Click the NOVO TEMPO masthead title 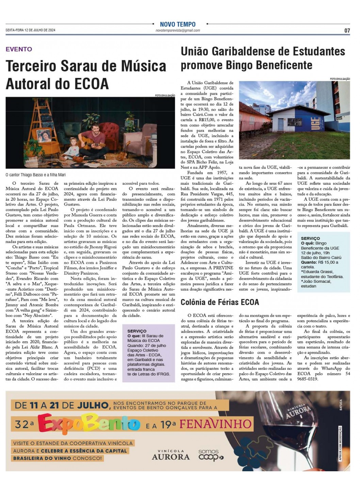point(178,24)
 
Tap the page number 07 point(347,30)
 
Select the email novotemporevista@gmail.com point(178,30)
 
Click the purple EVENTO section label point(19,49)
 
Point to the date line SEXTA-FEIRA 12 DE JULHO point(30,30)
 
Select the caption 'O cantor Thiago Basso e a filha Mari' point(36,175)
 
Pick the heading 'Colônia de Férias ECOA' point(220,302)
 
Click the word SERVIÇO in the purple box point(137,331)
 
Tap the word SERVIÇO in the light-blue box point(310,239)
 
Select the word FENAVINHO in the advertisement point(215,424)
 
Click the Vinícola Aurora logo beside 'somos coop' point(170,455)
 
